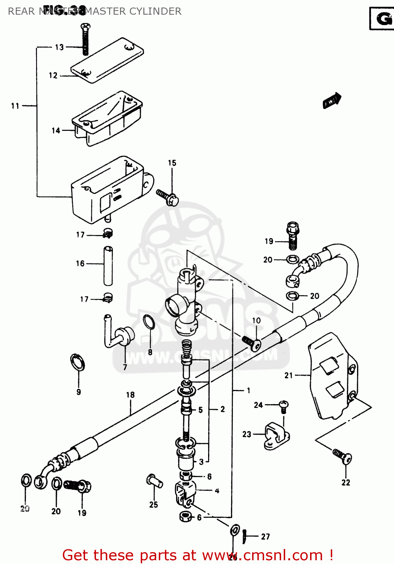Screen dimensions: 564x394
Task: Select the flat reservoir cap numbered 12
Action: tap(107, 60)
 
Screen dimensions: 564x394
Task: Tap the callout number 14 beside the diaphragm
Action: tap(56, 130)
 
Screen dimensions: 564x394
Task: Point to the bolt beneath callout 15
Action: tap(168, 197)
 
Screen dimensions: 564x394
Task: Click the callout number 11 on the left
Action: tap(15, 106)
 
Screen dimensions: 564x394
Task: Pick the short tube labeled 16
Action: tap(108, 265)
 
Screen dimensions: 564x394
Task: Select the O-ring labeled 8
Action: tap(149, 322)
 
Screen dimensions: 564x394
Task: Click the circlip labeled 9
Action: tap(78, 363)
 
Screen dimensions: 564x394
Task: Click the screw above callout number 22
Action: tap(342, 456)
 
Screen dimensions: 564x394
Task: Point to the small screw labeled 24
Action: tap(283, 406)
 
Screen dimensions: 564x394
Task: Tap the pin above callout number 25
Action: tap(154, 481)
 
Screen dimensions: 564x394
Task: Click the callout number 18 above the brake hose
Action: tap(130, 395)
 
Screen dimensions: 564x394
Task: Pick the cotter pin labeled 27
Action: tap(245, 535)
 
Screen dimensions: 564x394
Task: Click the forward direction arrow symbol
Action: tap(332, 101)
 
